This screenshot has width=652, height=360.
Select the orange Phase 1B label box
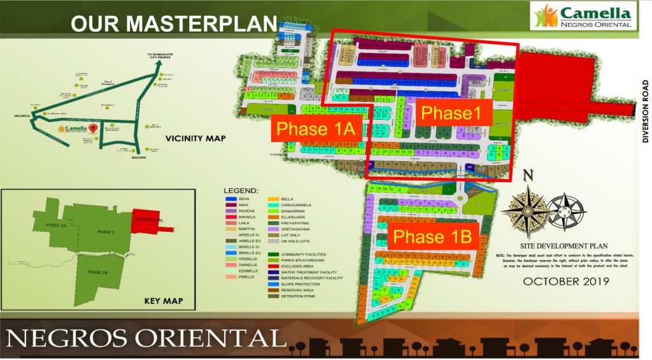point(432,237)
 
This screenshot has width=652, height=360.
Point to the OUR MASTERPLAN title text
point(173,24)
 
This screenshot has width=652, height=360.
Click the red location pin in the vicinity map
point(94,127)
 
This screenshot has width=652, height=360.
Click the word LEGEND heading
point(241,191)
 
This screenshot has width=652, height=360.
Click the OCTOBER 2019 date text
point(565,281)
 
